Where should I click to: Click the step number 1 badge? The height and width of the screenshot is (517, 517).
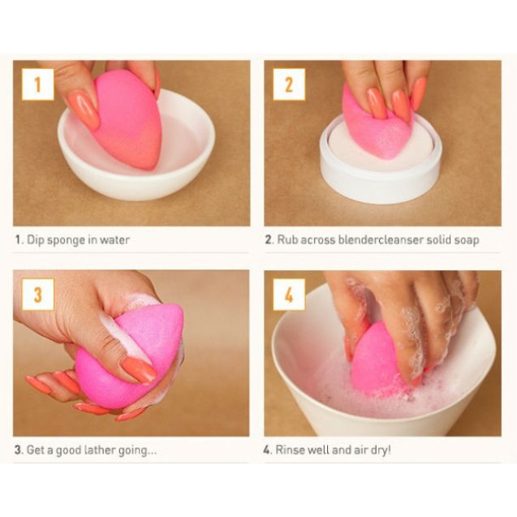(x=37, y=84)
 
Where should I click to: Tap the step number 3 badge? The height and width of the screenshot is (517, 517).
(x=37, y=294)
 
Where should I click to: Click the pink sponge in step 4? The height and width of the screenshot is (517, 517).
(x=375, y=361)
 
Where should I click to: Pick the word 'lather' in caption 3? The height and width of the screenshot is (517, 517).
(x=104, y=450)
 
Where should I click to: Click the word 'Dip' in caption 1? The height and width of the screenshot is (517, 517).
(x=33, y=240)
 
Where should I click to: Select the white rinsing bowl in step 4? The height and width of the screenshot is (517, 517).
(x=455, y=390)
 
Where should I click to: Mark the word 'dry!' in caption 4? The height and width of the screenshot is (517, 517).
(x=378, y=450)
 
